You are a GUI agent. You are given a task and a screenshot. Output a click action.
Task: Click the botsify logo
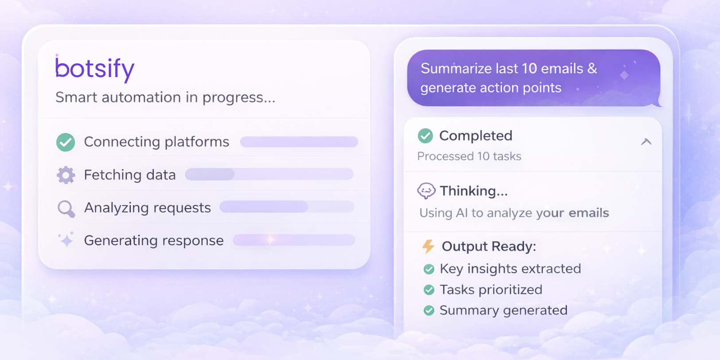pos(94,69)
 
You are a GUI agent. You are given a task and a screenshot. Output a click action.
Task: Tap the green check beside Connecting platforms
pos(66,142)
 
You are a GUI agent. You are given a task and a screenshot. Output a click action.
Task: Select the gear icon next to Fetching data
pos(66,175)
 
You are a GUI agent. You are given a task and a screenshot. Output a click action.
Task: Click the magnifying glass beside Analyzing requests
pos(66,209)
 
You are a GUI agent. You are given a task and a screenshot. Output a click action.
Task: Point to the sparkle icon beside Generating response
pos(66,240)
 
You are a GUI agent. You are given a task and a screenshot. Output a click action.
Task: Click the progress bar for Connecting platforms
pos(299,142)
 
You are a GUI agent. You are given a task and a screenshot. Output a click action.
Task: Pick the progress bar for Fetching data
pos(269,174)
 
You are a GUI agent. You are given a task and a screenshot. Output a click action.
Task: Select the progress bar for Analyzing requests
pos(287,207)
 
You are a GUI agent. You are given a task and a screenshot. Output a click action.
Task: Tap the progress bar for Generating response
pos(294,240)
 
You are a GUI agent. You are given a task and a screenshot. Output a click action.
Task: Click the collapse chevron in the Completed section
pos(646,142)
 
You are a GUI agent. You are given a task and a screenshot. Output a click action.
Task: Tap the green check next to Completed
pos(425,135)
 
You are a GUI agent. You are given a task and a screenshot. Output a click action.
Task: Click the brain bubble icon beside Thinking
pos(426,191)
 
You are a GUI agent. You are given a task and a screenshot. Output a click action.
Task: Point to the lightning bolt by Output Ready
pos(428,247)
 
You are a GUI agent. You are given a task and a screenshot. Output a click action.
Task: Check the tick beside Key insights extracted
pos(429,269)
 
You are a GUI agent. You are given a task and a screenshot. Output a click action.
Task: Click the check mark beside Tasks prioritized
pos(429,290)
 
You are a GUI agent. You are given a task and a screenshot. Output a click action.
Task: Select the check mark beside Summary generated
pos(429,310)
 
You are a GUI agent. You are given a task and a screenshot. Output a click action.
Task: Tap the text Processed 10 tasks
pos(469,156)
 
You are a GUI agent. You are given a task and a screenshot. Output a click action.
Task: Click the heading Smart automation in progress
pos(165,97)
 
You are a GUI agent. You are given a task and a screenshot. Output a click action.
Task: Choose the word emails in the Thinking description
pos(589,213)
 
